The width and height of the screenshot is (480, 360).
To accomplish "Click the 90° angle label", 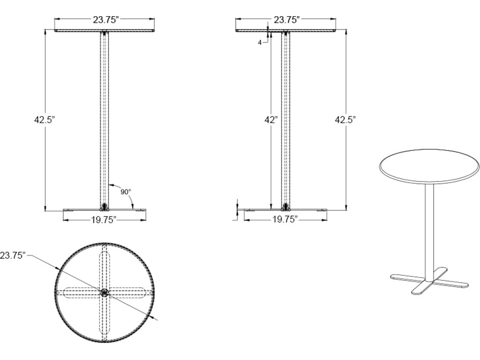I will [125, 192].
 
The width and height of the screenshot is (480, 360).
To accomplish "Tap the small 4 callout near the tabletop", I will [260, 43].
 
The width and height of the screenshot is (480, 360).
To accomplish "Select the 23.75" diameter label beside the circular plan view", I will [13, 255].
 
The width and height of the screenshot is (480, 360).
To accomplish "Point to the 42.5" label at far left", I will [44, 120].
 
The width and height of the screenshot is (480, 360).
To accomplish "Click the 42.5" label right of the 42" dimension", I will [345, 120].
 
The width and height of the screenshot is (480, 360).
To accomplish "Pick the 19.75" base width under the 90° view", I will [104, 220].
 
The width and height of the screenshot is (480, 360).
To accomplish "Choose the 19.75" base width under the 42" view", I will [285, 220].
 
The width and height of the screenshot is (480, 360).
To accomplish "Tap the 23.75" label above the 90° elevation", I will [105, 20].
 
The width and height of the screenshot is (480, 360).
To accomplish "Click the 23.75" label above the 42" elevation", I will [287, 20].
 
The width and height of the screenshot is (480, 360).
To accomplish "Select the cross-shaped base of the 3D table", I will [428, 282].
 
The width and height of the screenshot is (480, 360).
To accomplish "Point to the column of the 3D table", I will [429, 227].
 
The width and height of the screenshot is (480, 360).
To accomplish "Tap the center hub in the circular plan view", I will [104, 293].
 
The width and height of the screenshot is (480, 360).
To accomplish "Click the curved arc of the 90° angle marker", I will [114, 186].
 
